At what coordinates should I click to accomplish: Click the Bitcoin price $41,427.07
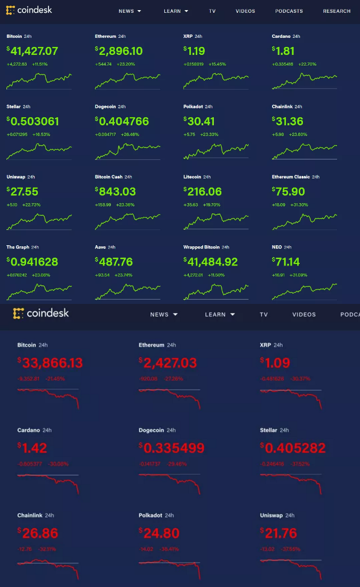coord(33,51)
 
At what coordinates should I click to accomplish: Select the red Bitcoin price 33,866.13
coord(51,363)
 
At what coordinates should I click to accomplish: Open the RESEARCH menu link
coord(337,11)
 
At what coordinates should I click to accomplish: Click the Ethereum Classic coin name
coord(290,177)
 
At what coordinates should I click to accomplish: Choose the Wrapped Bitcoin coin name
coord(201,247)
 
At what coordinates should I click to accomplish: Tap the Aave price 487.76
coord(115,262)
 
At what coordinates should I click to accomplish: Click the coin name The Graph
coord(18,247)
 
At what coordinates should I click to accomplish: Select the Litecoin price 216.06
coord(203,191)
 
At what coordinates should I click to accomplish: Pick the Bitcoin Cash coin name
coord(109,177)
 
